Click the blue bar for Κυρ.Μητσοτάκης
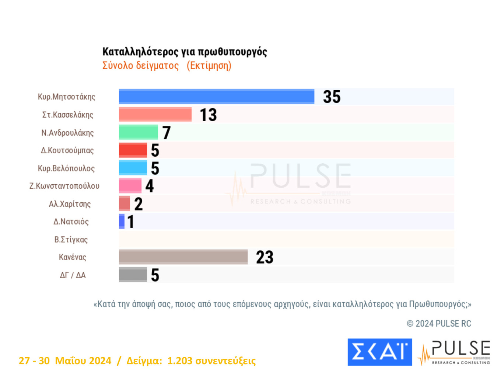click(x=217, y=97)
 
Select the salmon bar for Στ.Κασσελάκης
click(x=155, y=114)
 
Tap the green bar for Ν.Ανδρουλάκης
click(x=138, y=132)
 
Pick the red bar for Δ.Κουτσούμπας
click(x=133, y=150)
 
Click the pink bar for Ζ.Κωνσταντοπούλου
click(x=130, y=186)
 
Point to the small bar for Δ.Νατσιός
click(x=122, y=222)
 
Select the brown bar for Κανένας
click(x=183, y=257)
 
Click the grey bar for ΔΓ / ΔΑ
click(x=133, y=275)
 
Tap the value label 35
click(x=332, y=97)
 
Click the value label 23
click(x=264, y=257)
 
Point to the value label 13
click(x=208, y=115)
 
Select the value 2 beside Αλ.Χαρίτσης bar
click(x=139, y=204)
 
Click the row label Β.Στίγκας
click(x=71, y=240)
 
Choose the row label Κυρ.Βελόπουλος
click(x=66, y=168)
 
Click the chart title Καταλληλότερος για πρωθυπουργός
click(x=185, y=52)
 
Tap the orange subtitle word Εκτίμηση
click(x=209, y=66)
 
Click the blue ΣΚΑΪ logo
click(x=379, y=352)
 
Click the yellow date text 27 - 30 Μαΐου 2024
click(x=65, y=361)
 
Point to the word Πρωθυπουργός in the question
click(x=437, y=304)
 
